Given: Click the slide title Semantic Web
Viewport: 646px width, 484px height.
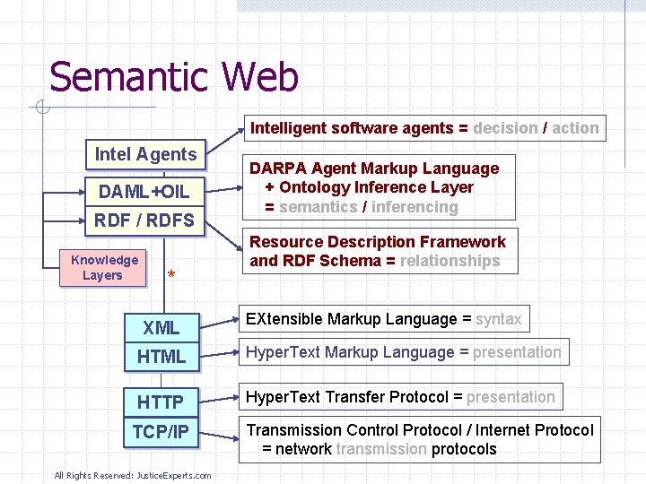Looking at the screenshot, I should coord(174,77).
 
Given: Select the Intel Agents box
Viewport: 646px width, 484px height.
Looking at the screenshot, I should coord(145,154).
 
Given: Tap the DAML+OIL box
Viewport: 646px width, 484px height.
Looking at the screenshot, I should coord(144,192).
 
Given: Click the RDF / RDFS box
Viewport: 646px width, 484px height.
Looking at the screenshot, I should coord(144,220).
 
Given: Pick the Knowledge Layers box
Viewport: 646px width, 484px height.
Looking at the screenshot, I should coord(104,267).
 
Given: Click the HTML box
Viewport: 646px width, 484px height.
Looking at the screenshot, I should coord(161,357).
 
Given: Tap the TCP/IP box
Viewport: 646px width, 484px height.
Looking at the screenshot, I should coord(161,432).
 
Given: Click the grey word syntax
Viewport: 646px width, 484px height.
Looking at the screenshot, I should coord(498,319).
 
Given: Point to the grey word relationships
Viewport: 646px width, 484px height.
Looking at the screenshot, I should coord(450,261).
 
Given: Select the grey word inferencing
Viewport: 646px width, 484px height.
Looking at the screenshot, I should coord(415,207).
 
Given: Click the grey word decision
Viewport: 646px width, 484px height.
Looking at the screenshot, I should coord(505,128).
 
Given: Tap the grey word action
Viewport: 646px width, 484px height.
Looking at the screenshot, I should coord(575,128).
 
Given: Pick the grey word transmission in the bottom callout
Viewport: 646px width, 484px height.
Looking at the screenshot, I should coord(381,449).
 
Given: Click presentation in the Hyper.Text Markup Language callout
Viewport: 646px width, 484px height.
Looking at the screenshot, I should coord(517,352).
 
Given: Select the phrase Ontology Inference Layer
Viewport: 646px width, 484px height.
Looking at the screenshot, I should coord(376,187).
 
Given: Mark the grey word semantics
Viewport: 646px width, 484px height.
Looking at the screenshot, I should coord(318,207).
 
